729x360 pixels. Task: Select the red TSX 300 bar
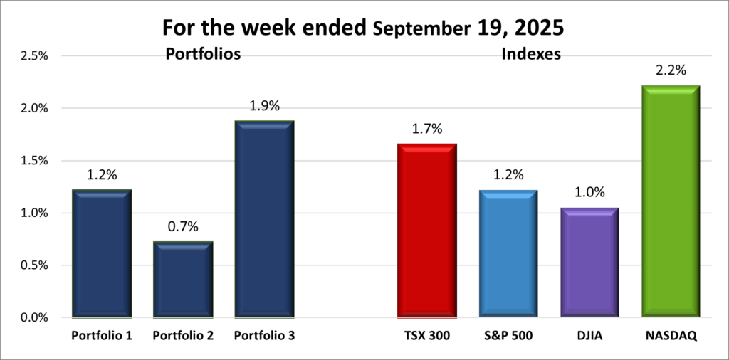pos(426,231)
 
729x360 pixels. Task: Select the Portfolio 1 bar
pos(102,253)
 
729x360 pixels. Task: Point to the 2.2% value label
pos(671,70)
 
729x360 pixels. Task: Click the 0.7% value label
pos(183,227)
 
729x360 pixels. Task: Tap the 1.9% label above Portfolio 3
pos(264,106)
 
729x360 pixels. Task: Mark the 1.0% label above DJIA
pos(589,193)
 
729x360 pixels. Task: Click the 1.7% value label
pos(426,129)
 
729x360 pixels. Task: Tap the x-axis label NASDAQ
pos(671,335)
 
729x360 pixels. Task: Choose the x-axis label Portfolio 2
pos(183,335)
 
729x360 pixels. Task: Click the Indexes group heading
pos(531,54)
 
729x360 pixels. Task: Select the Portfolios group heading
pos(202,54)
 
